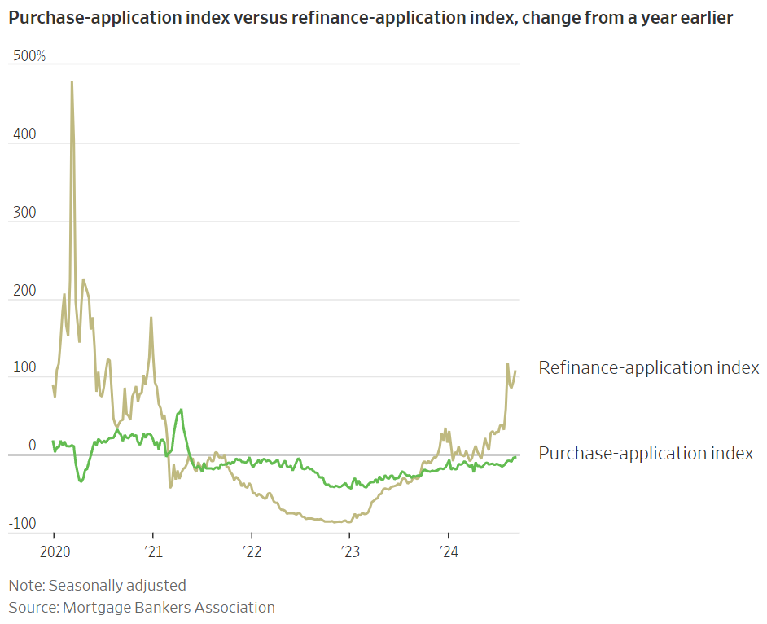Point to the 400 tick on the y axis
[26, 134]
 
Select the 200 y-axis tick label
[26, 290]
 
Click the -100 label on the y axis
[24, 523]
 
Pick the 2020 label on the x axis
[53, 552]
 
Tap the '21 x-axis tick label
[152, 552]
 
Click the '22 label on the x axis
[251, 552]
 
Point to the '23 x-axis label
[349, 552]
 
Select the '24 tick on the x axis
[449, 552]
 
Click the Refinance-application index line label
[649, 368]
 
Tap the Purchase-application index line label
[646, 454]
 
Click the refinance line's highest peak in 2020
[72, 82]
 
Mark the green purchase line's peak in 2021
[181, 411]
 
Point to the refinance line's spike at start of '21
[151, 318]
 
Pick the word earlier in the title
[703, 18]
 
